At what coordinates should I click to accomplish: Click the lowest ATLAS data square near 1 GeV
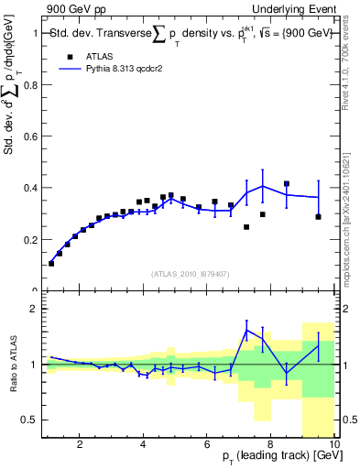point(51,263)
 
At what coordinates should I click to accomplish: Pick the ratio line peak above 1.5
point(247,330)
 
